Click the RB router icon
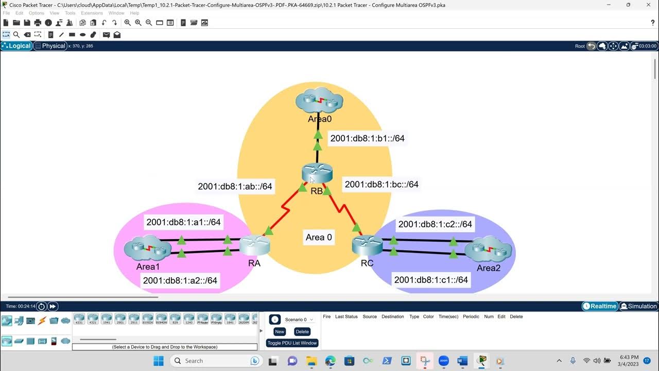[x=317, y=173]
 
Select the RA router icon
[x=254, y=245]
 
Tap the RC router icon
[x=367, y=245]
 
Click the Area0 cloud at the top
[x=319, y=101]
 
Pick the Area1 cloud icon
[x=148, y=249]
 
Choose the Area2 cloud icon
[x=488, y=250]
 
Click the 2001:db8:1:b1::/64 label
[x=367, y=138]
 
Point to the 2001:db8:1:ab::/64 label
[x=235, y=186]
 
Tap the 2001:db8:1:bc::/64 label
[x=381, y=184]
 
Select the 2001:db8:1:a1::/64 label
[x=183, y=222]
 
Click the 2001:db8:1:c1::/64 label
[x=431, y=280]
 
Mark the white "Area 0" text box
[x=319, y=238]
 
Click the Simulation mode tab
[x=638, y=306]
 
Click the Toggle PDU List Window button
[x=292, y=343]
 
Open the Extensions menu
[x=92, y=13]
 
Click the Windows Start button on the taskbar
[x=158, y=361]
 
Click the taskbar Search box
[x=214, y=361]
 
